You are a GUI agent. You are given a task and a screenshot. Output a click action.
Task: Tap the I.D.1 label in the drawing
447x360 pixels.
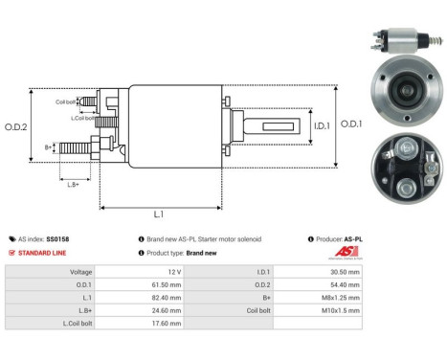click(295, 124)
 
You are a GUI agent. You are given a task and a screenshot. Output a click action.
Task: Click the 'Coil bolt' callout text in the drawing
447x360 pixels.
click(65, 101)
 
